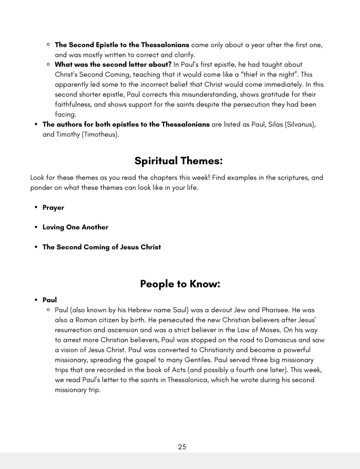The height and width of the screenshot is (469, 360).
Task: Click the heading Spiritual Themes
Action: (179, 161)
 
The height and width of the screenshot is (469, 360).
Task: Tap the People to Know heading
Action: (180, 284)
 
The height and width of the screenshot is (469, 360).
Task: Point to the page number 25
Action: (182, 447)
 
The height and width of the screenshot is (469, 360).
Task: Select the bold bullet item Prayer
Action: (53, 208)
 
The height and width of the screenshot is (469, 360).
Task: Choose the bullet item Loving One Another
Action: (75, 227)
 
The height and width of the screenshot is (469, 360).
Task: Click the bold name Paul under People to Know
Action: (50, 300)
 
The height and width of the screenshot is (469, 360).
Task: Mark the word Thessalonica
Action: (187, 380)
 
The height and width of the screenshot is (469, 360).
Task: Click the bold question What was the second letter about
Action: (113, 65)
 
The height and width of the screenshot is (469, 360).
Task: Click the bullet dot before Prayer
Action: (36, 208)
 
